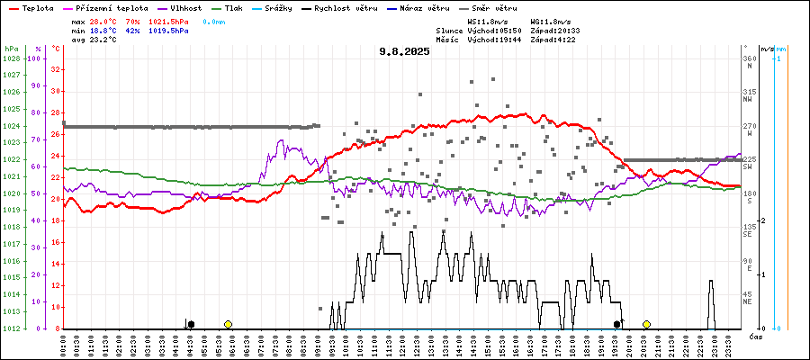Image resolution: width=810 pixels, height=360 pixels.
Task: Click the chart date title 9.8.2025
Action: (x=404, y=51)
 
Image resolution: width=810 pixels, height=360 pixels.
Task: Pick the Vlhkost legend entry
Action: (x=185, y=8)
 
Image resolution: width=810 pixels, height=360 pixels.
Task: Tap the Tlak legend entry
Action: (x=239, y=8)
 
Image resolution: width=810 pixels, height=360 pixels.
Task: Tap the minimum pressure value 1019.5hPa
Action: (x=168, y=30)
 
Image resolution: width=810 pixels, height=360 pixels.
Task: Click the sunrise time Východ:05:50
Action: (x=494, y=30)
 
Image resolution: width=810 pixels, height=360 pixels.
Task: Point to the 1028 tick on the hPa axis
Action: (x=13, y=58)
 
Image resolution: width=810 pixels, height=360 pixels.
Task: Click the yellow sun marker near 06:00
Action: (x=229, y=324)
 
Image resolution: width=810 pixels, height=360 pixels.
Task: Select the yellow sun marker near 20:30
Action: (x=646, y=324)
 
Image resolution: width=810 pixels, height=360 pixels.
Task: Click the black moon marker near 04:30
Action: (x=191, y=324)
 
